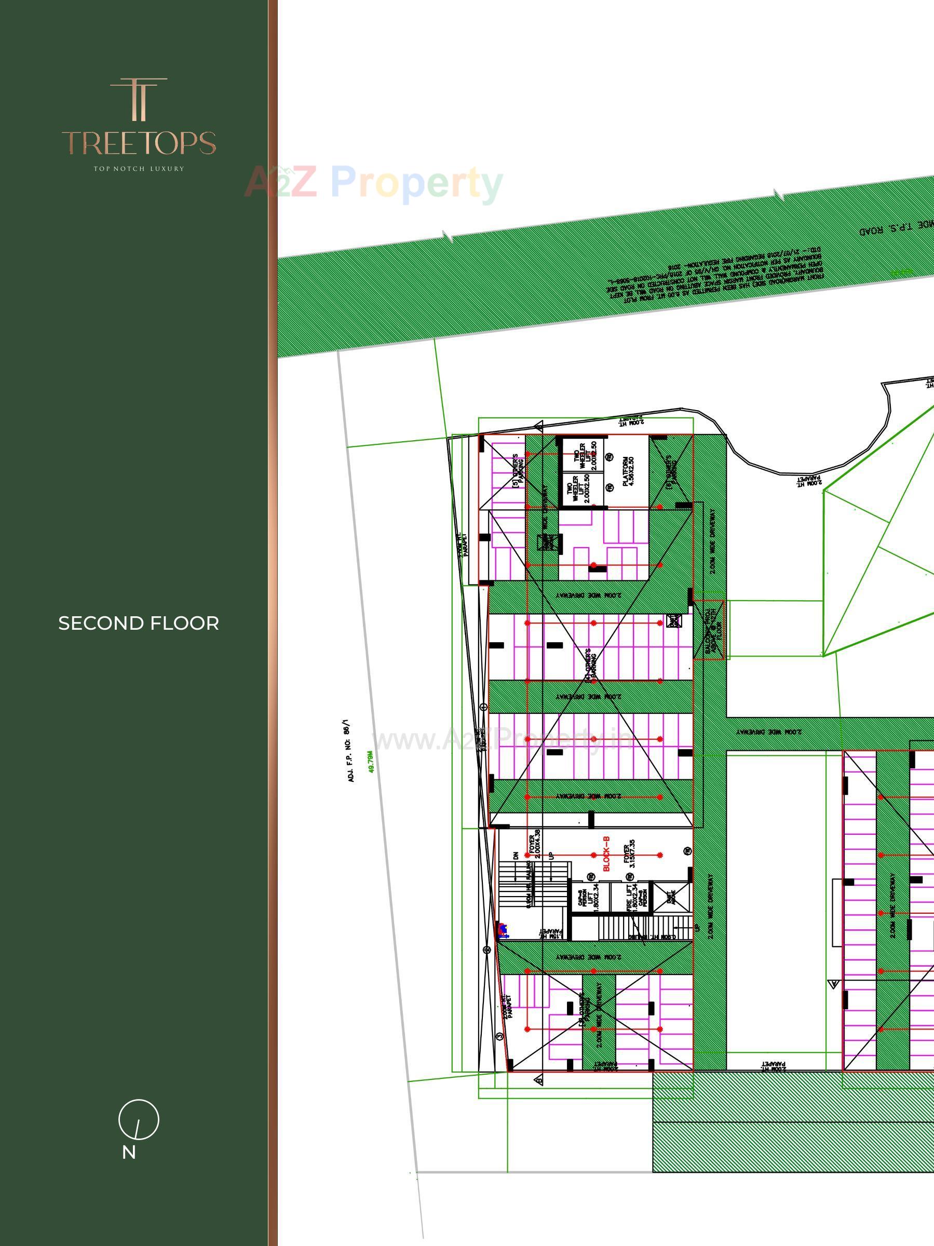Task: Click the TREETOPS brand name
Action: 139,143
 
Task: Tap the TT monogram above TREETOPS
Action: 139,99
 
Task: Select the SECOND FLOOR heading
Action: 139,624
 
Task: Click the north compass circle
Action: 139,1119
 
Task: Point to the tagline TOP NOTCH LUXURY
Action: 139,168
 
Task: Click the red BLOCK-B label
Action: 607,854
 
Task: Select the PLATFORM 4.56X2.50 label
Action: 628,471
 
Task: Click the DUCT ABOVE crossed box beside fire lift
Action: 671,897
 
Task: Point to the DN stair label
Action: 516,855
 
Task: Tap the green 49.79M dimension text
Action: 371,761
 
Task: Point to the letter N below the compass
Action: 129,1153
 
